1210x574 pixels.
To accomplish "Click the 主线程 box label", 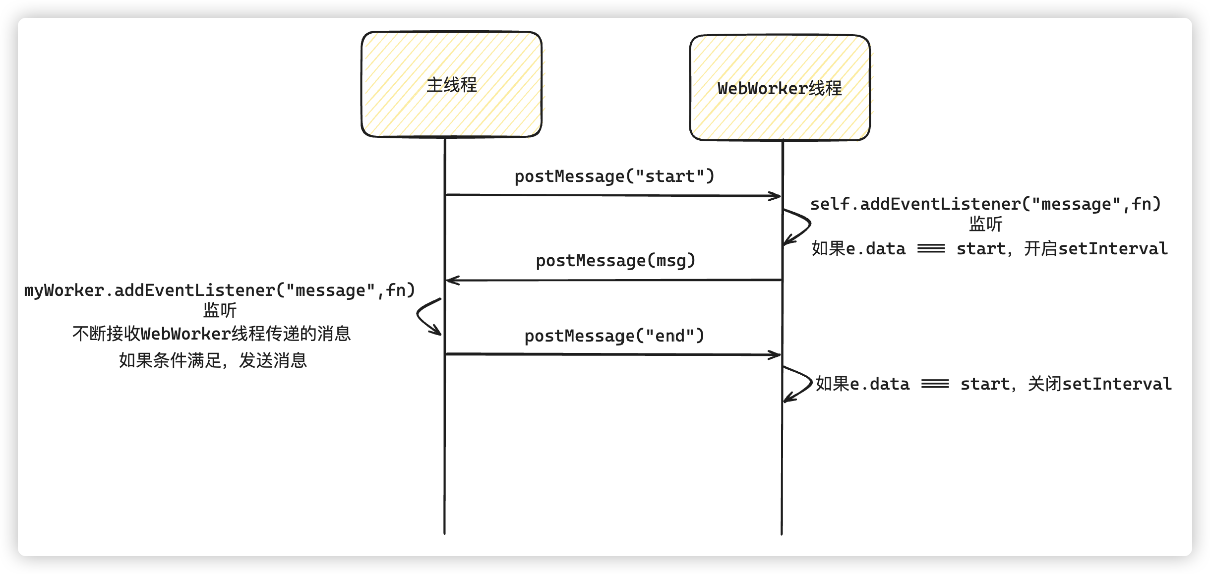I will coord(451,85).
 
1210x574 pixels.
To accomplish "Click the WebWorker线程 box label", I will coord(780,88).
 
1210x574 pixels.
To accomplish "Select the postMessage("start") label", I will coord(614,176).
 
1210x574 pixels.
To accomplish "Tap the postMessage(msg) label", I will coord(615,261).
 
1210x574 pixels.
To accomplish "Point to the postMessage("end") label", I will coord(614,336).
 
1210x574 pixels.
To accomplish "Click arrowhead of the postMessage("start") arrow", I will coord(777,196).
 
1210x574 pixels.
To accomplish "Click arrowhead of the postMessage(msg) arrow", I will coord(450,281).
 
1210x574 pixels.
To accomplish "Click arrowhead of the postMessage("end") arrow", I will coord(777,355).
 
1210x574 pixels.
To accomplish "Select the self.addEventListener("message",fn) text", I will coord(985,204).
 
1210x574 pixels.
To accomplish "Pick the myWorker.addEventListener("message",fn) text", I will coord(219,290).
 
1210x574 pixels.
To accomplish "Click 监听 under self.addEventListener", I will coord(985,225).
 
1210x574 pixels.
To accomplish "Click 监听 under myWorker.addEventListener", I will coord(220,311).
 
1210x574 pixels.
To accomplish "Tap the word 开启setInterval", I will coord(1095,249).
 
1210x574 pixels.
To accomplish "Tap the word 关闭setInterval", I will coord(1099,384).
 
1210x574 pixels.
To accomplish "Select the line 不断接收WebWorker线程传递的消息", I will coord(212,334).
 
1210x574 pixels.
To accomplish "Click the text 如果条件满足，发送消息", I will coord(213,360).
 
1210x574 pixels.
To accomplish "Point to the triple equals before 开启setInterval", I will coord(931,249).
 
